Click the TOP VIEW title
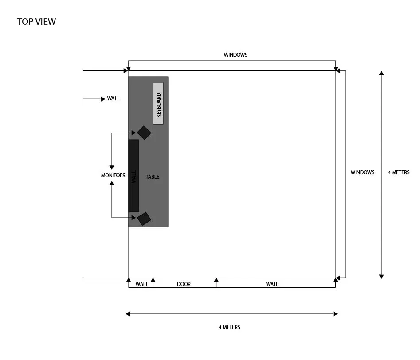(x=36, y=22)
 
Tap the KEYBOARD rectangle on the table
(x=158, y=103)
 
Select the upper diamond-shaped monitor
(x=144, y=133)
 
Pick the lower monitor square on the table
(x=144, y=219)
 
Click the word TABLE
(x=153, y=177)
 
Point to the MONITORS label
(x=113, y=176)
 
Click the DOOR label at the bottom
(x=184, y=284)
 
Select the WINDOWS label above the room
(x=236, y=55)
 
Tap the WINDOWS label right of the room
(x=362, y=172)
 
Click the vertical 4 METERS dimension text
(x=399, y=172)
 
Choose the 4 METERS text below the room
(x=229, y=327)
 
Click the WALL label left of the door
(x=142, y=284)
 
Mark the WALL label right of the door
(x=272, y=284)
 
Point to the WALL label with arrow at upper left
(x=113, y=98)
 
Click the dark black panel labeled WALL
(x=133, y=176)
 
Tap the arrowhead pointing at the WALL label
(x=103, y=99)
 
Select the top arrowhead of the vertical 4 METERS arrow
(x=381, y=73)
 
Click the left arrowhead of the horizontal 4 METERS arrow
(x=128, y=314)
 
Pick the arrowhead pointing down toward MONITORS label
(x=112, y=168)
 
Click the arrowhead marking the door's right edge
(x=216, y=280)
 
